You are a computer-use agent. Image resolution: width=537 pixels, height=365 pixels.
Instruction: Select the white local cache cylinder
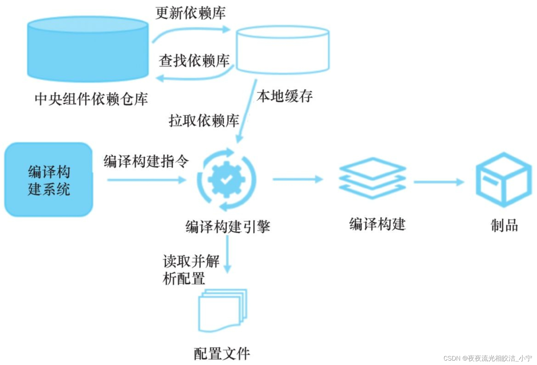coord(283,50)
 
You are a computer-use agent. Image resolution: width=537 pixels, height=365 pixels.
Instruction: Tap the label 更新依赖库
coord(190,13)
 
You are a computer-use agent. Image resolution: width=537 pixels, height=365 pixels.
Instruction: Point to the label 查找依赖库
coord(194,61)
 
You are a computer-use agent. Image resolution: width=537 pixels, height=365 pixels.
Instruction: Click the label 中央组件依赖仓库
coord(91,99)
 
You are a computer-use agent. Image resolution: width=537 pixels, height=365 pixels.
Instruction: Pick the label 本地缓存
coord(285,96)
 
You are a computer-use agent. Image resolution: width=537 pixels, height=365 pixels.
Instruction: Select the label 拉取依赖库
coord(204,121)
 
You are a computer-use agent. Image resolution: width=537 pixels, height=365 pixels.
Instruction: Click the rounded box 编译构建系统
coord(48,180)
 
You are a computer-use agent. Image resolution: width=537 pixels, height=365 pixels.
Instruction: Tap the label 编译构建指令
coord(146,161)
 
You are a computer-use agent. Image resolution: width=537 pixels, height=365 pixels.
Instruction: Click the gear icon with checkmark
coord(226,179)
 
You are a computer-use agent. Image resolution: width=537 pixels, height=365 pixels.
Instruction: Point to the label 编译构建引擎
coord(228,226)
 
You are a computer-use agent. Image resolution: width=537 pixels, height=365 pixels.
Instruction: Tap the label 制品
coord(504,225)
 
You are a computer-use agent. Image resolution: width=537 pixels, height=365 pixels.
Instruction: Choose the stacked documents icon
coord(223,310)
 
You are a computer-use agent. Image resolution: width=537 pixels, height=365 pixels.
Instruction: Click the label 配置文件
coord(222,354)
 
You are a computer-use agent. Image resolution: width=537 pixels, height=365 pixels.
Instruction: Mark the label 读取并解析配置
coord(191,270)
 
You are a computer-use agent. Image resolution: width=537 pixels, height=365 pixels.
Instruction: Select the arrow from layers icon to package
coord(439,182)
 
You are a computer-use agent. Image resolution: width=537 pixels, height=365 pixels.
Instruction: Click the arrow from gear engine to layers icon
coord(297,179)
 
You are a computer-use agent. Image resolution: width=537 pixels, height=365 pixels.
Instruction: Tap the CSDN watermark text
coord(488,358)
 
